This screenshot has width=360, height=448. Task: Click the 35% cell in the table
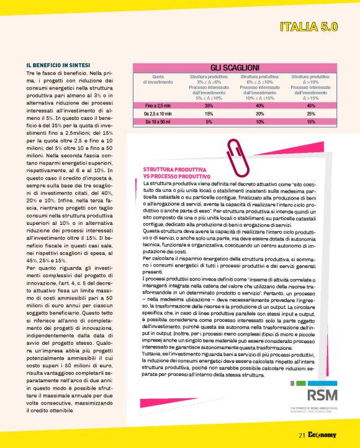(209, 106)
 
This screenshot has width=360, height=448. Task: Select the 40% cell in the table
(260, 106)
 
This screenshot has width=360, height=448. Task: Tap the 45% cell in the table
(311, 106)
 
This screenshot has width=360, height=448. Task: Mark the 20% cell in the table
(260, 114)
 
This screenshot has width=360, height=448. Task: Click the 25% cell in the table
(311, 114)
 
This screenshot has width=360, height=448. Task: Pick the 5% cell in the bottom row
(209, 122)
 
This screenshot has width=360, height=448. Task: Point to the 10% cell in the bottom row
(260, 122)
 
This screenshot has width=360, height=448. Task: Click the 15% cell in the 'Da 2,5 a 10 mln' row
(209, 114)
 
